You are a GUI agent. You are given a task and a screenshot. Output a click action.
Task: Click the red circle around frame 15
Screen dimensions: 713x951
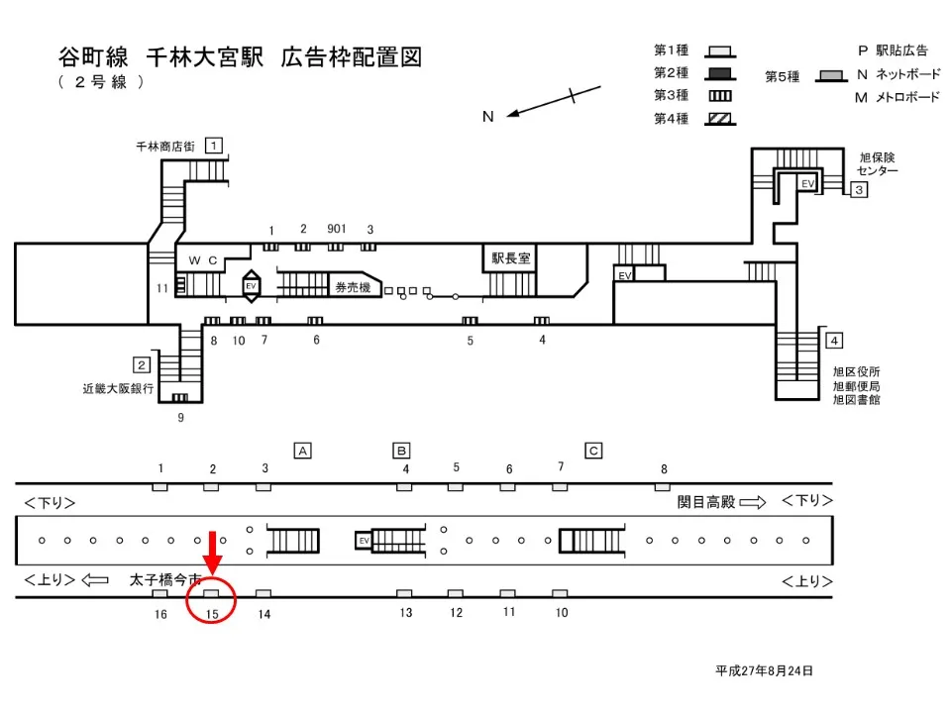211,600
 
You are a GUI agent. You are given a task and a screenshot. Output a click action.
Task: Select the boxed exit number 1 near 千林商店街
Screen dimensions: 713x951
213,146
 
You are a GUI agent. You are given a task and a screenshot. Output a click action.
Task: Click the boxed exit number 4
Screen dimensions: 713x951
834,341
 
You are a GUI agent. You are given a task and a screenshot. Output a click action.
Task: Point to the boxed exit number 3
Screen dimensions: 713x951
859,189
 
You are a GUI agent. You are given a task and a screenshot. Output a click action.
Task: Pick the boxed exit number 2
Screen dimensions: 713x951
142,363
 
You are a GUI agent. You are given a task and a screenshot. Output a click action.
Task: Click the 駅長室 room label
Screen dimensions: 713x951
511,257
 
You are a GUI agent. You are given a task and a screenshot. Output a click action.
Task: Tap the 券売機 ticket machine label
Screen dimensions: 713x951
352,287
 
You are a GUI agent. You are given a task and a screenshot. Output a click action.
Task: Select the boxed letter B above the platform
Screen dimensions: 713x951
402,451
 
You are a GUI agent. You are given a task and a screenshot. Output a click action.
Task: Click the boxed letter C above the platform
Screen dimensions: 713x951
593,451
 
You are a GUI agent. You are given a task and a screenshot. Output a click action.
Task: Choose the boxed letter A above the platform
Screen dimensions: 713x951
303,451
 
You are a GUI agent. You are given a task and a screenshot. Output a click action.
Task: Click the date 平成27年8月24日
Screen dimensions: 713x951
764,670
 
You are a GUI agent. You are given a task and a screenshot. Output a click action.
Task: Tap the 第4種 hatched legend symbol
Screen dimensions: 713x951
719,119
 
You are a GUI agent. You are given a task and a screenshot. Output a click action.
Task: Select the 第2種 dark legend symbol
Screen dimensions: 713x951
719,73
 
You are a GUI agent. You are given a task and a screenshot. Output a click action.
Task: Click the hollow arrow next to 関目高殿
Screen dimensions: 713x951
753,502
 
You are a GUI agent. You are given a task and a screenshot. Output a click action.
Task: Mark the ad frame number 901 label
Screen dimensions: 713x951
336,229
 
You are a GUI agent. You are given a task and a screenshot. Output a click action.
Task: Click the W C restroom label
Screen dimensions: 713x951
202,260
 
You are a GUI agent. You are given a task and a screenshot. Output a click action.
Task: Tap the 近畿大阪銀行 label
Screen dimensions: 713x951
118,389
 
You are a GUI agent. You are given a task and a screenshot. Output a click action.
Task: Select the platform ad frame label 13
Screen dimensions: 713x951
405,613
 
